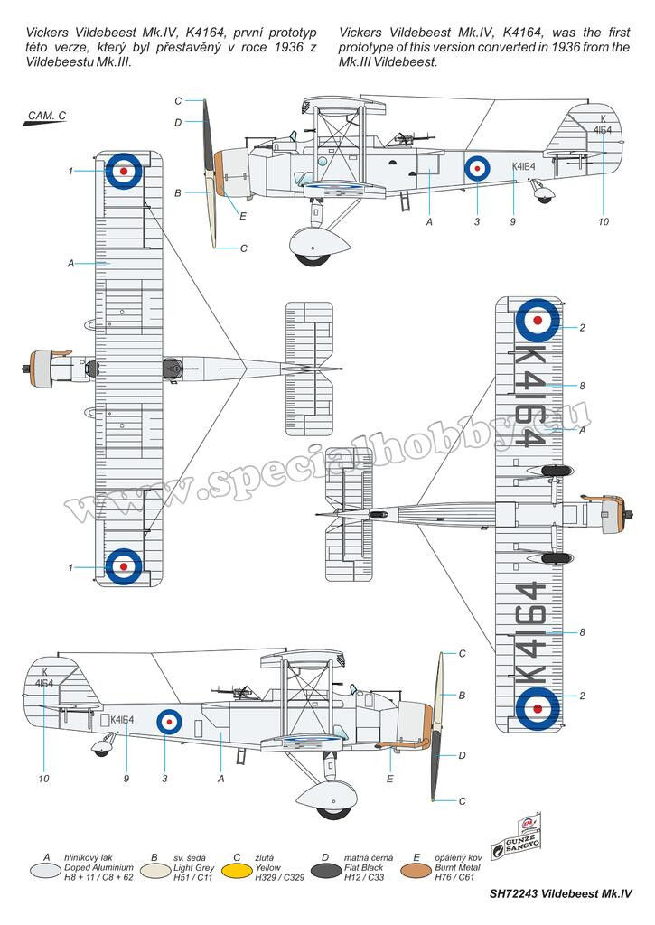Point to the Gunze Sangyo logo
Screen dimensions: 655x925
point(517,838)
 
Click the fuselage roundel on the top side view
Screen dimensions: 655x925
point(477,169)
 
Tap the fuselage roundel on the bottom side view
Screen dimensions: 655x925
point(169,722)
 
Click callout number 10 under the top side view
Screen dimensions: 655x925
point(604,222)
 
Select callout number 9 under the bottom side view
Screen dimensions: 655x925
point(126,779)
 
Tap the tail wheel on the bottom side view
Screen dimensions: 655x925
point(101,751)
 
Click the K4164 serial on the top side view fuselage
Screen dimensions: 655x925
point(524,167)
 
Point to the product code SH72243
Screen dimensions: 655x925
point(513,893)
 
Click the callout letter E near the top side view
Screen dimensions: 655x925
point(242,216)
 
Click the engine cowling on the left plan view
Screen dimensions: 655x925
point(42,369)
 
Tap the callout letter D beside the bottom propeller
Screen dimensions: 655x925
point(462,755)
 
